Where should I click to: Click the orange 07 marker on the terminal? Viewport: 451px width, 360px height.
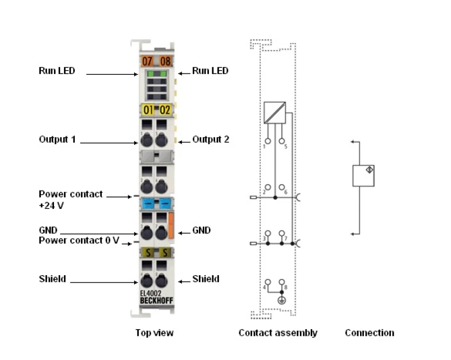point(147,61)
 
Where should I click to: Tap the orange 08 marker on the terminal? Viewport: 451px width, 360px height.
point(165,61)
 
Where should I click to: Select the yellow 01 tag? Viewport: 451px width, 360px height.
point(148,110)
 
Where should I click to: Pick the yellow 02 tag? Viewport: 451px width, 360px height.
point(164,110)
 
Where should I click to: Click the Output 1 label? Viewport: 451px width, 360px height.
point(57,140)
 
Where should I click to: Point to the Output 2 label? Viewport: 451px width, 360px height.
point(211,139)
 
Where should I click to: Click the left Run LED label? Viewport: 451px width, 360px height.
point(57,71)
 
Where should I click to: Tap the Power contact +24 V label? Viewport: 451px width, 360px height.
point(71,199)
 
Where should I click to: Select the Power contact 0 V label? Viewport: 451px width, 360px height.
point(79,240)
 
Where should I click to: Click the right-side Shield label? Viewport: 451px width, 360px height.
point(206,279)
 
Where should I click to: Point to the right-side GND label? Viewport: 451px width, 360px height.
point(201,231)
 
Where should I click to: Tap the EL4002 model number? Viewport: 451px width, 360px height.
point(151,294)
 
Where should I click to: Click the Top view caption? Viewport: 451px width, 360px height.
point(154,333)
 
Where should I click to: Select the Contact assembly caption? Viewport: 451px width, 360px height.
point(278,333)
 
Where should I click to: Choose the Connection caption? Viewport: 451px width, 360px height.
point(370,333)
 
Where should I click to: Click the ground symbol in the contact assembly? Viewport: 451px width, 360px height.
point(282,299)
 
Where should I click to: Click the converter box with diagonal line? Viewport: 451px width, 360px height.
point(275,113)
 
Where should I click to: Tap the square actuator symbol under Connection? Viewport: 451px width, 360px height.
point(363,175)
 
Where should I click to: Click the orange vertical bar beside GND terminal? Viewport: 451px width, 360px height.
point(171,225)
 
